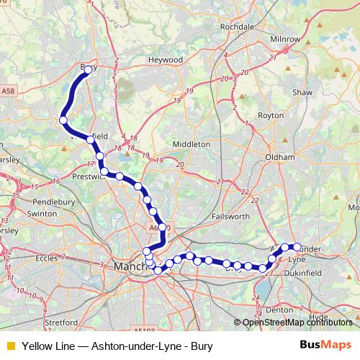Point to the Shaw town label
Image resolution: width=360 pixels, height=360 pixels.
[302, 92]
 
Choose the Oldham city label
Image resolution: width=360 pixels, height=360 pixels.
[280, 156]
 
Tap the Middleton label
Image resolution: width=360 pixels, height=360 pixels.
[192, 144]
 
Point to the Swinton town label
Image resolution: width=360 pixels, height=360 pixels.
[42, 214]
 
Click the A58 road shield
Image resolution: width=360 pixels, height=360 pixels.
[7, 92]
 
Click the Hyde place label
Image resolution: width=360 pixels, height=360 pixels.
[317, 316]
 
